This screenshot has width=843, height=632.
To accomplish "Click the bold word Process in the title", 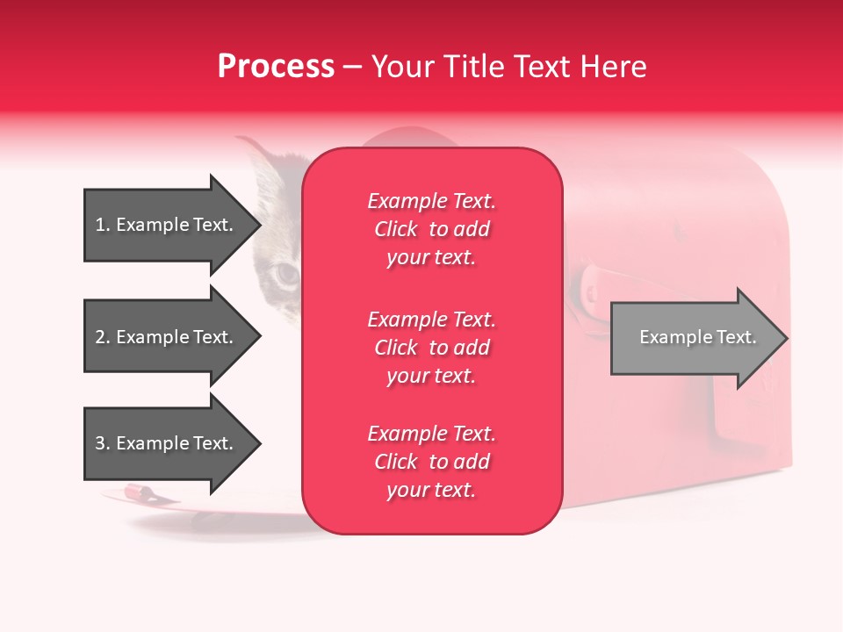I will [x=276, y=67].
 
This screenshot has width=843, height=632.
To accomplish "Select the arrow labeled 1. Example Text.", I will [x=167, y=225].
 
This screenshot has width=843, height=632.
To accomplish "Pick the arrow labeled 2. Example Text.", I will [x=167, y=337].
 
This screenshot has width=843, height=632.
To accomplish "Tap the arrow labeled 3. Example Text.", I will [x=167, y=443].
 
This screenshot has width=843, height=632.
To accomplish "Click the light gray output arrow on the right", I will [x=694, y=338].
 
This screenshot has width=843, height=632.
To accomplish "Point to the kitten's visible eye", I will [x=287, y=275].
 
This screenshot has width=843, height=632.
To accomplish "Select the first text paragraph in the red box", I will [x=431, y=229].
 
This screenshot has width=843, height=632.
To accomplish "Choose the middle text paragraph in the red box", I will [x=431, y=348].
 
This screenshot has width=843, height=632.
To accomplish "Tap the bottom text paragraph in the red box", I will [x=431, y=462].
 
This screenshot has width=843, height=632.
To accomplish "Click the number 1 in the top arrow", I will [x=100, y=225].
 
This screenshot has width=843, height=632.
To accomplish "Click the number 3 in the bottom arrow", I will [x=100, y=443].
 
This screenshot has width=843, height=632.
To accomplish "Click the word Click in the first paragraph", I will [x=396, y=229].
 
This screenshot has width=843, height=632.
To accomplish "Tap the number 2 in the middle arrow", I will [x=100, y=337].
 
